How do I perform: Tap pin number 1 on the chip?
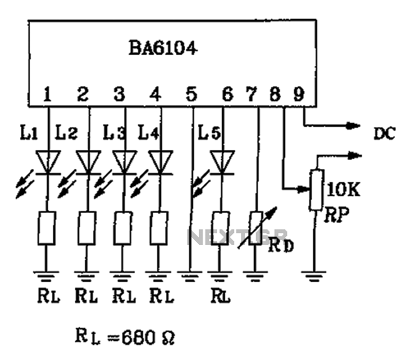pyautogui.click(x=48, y=94)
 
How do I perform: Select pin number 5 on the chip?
pyautogui.click(x=192, y=94)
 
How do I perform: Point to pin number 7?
pyautogui.click(x=252, y=94)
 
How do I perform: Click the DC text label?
pyautogui.click(x=384, y=133)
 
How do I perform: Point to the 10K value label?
pyautogui.click(x=343, y=190)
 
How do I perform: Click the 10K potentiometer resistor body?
pyautogui.click(x=316, y=190)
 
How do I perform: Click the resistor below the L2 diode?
pyautogui.click(x=88, y=229)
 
